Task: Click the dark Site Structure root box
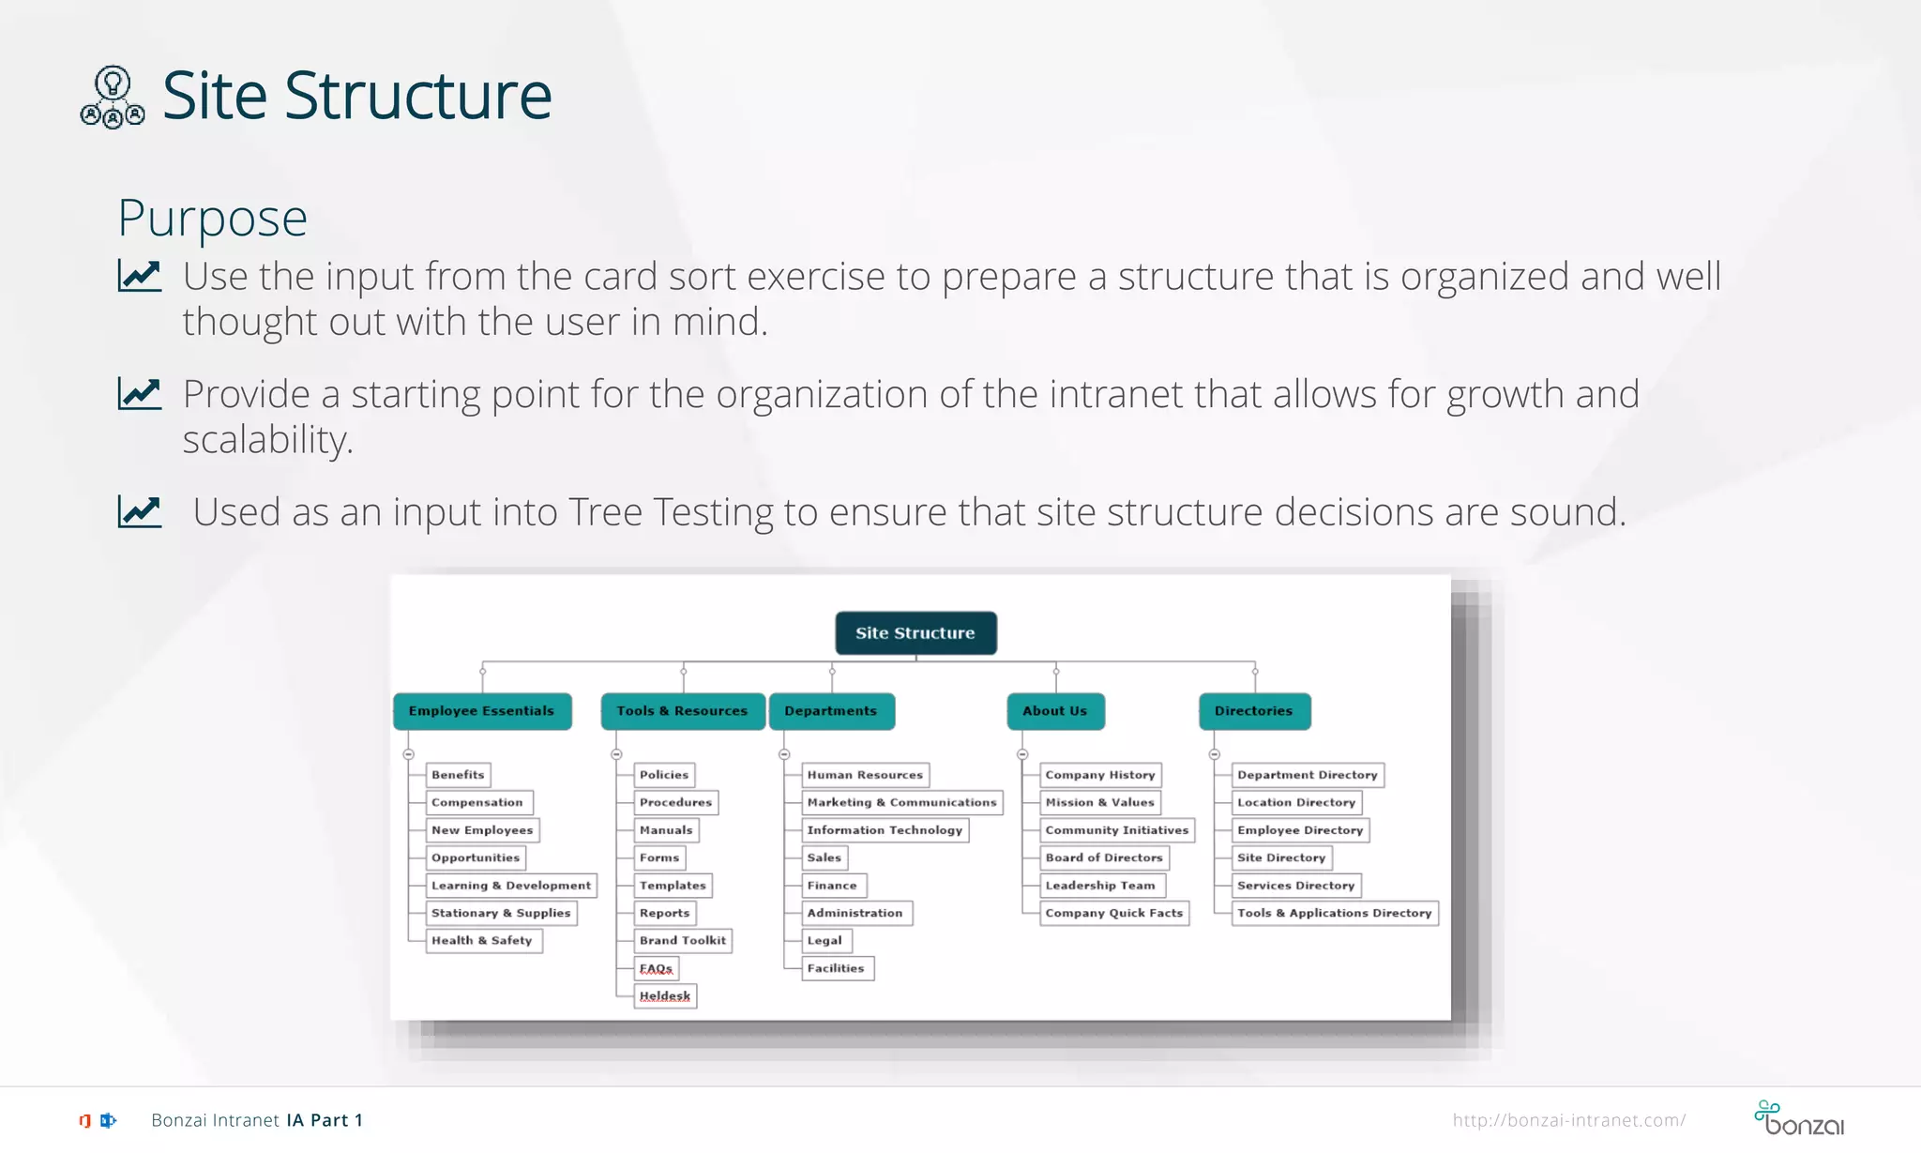point(915,633)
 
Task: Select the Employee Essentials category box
point(481,711)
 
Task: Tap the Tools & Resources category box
point(682,711)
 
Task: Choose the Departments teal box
point(831,711)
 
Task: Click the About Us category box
point(1055,711)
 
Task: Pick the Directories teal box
point(1254,711)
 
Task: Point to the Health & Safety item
point(482,940)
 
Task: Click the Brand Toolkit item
point(683,940)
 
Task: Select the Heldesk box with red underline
point(665,995)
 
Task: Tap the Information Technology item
point(885,830)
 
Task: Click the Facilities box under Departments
point(837,968)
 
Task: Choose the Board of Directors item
point(1104,857)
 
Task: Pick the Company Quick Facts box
point(1114,913)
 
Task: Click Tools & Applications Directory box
point(1334,913)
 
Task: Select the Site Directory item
point(1281,857)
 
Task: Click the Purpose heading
point(212,219)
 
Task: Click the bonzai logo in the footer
point(1798,1118)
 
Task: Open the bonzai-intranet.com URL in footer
point(1568,1120)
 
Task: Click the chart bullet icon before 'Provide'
point(140,393)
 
